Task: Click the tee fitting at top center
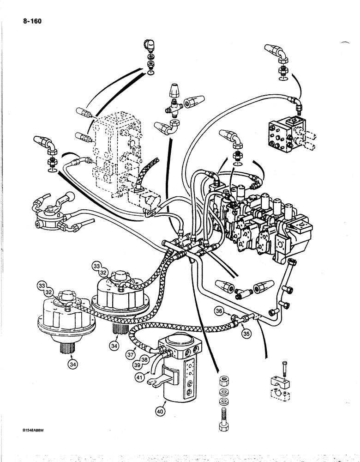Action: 175,106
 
